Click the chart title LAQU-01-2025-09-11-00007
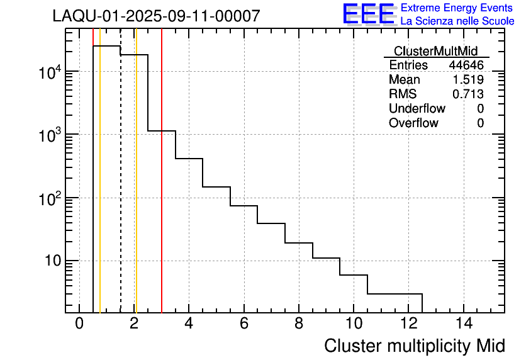(156, 16)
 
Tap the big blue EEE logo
(369, 14)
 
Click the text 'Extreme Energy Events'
(457, 8)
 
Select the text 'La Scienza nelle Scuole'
(457, 21)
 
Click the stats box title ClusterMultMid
(435, 51)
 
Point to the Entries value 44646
(466, 65)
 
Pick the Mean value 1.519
(468, 80)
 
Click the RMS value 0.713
(468, 94)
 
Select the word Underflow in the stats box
(417, 109)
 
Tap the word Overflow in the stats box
(413, 123)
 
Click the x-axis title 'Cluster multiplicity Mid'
(414, 346)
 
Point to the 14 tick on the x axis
(464, 324)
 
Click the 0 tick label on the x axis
(79, 324)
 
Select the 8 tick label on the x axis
(299, 324)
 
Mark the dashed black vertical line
(120, 189)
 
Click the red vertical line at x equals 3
(162, 189)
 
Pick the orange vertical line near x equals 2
(136, 189)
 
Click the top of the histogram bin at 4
(189, 159)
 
